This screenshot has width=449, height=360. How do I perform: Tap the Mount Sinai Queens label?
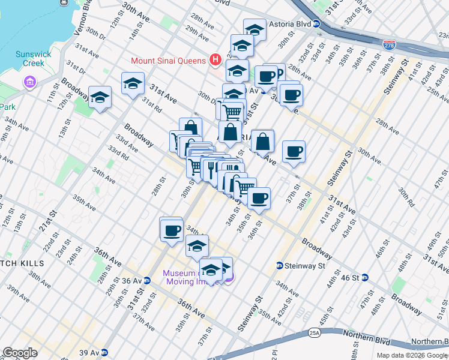pyautogui.click(x=169, y=61)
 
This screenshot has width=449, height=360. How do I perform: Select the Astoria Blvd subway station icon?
pyautogui.click(x=316, y=24)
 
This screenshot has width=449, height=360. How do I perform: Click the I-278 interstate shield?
pyautogui.click(x=389, y=44)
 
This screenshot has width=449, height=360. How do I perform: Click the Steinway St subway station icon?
pyautogui.click(x=280, y=265)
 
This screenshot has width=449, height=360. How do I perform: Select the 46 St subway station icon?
pyautogui.click(x=364, y=277)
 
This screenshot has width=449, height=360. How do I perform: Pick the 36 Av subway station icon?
pyautogui.click(x=146, y=280)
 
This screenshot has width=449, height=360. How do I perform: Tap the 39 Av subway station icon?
pyautogui.click(x=104, y=352)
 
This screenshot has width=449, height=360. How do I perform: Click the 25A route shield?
pyautogui.click(x=315, y=332)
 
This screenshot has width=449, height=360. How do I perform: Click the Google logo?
pyautogui.click(x=20, y=353)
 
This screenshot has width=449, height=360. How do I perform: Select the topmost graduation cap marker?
pyautogui.click(x=255, y=29)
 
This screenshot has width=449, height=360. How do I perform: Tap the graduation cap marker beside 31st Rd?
pyautogui.click(x=133, y=83)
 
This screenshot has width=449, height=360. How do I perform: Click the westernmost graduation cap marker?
pyautogui.click(x=100, y=97)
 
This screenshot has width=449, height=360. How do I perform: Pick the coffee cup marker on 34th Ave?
pyautogui.click(x=171, y=229)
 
